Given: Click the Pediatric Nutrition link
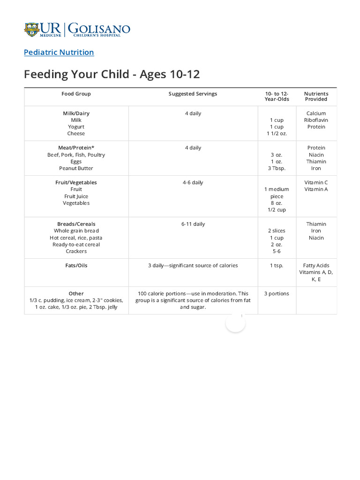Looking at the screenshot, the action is tap(59, 52).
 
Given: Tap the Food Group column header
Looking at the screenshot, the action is tap(76, 94).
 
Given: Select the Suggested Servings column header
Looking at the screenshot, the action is tap(193, 94).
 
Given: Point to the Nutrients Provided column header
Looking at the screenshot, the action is tap(316, 97).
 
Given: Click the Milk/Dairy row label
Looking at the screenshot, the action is tap(76, 113).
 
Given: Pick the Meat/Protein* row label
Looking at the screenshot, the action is tap(76, 148).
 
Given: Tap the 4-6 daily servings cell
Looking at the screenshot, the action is tap(193, 182).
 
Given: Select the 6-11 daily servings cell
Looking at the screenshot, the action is tap(193, 224).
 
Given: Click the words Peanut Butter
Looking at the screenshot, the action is tap(76, 168).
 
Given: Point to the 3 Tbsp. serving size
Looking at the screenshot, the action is tap(277, 168).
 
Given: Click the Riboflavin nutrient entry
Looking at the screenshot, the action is tap(316, 120).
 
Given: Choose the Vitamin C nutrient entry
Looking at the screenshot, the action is tap(316, 182).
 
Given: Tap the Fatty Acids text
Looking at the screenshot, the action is tap(316, 265).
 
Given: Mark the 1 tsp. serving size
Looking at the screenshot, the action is tap(277, 265).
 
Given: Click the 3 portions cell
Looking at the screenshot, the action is tap(277, 294).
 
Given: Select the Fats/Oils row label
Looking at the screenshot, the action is tap(76, 265).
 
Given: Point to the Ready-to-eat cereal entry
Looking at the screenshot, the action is tap(76, 244).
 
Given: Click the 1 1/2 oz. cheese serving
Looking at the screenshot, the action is tap(277, 134).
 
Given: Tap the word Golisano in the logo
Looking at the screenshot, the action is tap(99, 28).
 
